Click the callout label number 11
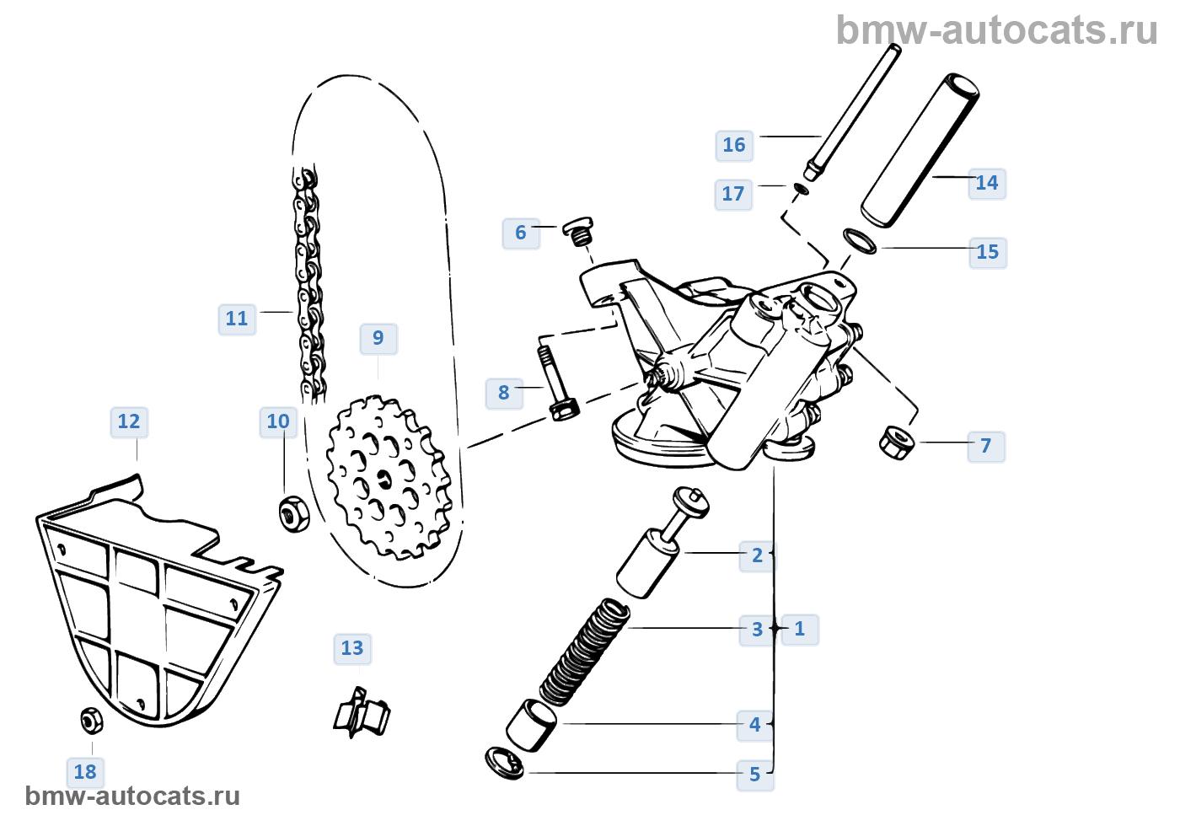237,319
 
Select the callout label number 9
378,338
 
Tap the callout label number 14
986,183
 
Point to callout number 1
799,629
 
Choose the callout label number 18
85,772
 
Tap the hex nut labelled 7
897,441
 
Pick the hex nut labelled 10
292,512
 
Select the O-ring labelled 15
860,240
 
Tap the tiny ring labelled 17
800,188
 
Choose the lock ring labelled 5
504,761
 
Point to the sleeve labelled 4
531,723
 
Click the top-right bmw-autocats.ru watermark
996,30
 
